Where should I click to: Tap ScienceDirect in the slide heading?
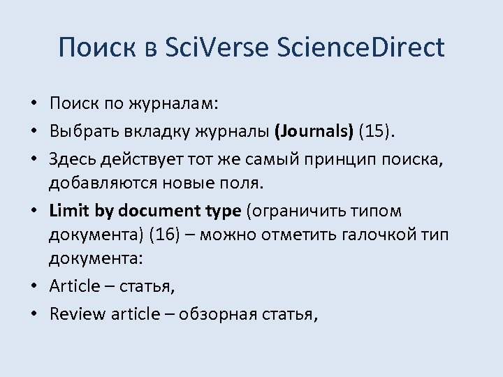360,47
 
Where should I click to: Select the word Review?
78,314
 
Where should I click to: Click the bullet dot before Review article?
34,314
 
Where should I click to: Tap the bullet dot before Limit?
34,211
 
